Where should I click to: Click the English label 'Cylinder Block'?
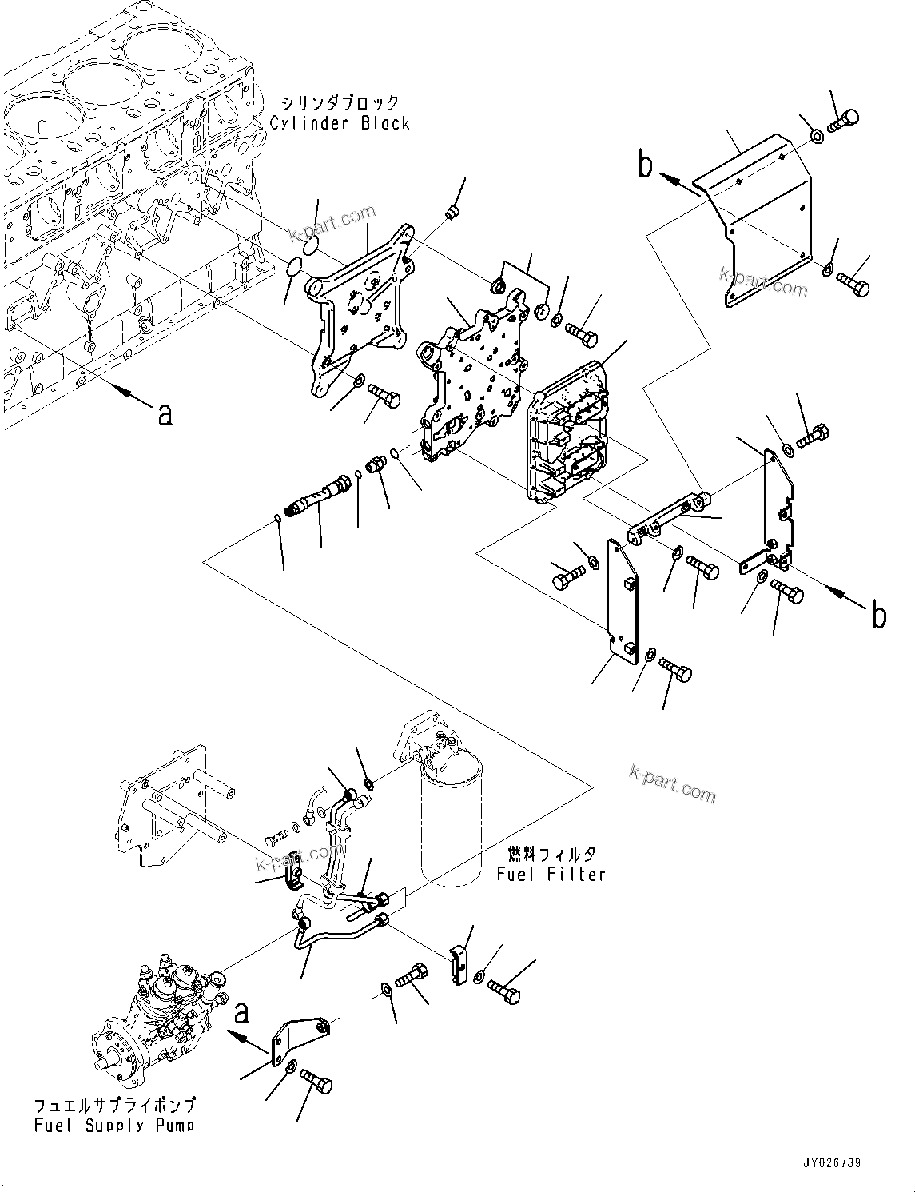point(340,123)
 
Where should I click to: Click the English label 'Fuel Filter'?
point(551,874)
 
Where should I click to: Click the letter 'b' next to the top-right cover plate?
point(645,165)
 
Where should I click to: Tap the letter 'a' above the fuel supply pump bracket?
point(241,1013)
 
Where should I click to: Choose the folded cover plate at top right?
point(755,216)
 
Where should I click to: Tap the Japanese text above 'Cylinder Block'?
point(340,102)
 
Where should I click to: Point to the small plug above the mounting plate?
point(452,212)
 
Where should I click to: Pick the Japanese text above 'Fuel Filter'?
point(551,854)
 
